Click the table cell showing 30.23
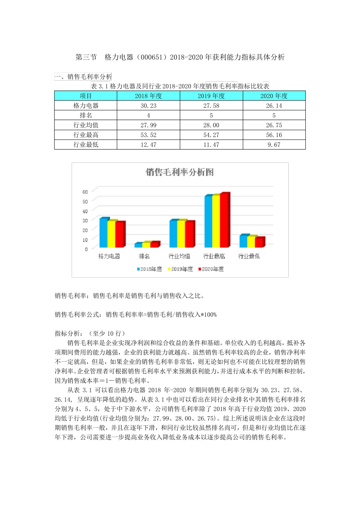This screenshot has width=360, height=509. tap(149, 106)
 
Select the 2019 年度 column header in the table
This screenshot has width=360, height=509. tap(211, 96)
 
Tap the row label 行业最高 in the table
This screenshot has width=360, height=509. tap(86, 135)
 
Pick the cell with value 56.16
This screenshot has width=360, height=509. tap(274, 135)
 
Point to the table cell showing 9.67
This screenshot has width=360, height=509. tap(274, 145)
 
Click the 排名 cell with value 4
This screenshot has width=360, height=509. tap(149, 116)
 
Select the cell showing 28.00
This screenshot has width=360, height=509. tap(211, 125)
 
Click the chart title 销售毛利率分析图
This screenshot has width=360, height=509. tap(180, 172)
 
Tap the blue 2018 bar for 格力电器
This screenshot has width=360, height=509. tap(103, 233)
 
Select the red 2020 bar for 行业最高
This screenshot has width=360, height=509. tap(224, 220)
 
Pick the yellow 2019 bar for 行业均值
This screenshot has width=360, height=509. tap(181, 234)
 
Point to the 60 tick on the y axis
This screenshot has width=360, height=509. tap(85, 192)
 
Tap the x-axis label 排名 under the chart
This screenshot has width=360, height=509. tap(144, 256)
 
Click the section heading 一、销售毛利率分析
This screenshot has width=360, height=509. tap(83, 77)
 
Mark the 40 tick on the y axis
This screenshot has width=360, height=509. tap(85, 211)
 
